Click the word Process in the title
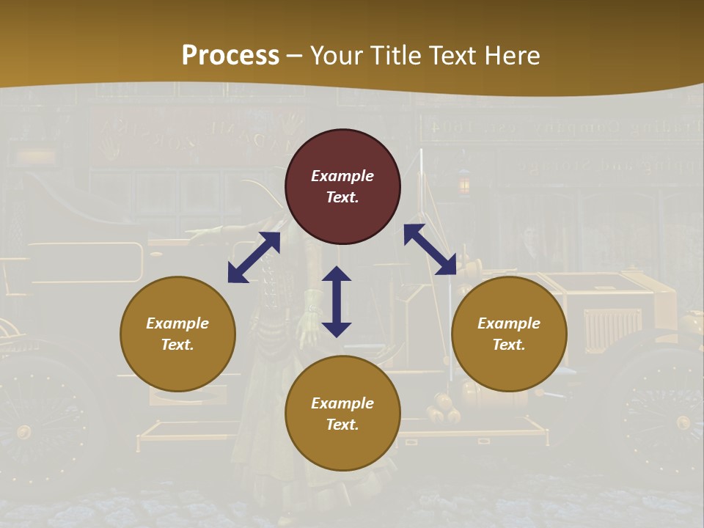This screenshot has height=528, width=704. coord(230,56)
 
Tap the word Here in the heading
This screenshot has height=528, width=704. coord(511,56)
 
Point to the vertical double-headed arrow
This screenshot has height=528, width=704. coord(337,301)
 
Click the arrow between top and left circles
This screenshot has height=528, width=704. coord(254,257)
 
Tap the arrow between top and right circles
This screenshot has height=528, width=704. coord(430,249)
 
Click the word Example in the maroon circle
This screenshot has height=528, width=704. coord(342,176)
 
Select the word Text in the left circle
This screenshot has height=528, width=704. coord(177,345)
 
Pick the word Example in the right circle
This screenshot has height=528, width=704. coord(509,323)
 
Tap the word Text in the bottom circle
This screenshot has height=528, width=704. coord(342,425)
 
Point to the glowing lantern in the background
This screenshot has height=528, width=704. coord(463,184)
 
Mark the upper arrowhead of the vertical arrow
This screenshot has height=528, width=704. coord(337,275)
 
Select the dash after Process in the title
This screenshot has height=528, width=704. coord(295,56)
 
